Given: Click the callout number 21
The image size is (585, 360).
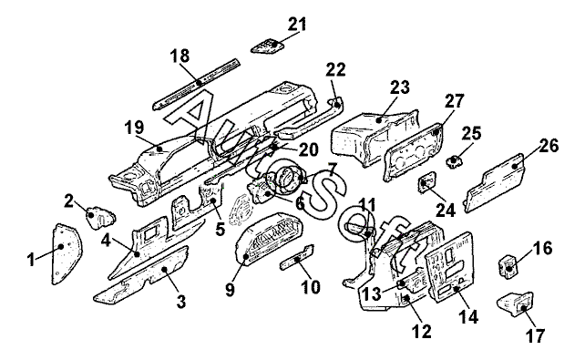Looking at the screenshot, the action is (x=297, y=25).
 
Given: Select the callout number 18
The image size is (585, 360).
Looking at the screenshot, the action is (x=180, y=57).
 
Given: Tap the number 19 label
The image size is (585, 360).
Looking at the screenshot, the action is (x=134, y=128).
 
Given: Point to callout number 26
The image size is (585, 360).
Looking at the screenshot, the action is (x=549, y=146).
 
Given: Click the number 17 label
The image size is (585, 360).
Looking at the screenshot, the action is (x=536, y=335).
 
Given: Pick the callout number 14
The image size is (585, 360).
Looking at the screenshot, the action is (x=468, y=317).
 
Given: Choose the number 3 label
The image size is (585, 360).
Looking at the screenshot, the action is (x=181, y=302).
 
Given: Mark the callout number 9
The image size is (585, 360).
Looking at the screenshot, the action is (x=231, y=290).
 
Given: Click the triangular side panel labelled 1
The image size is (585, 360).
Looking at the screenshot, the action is (x=66, y=253).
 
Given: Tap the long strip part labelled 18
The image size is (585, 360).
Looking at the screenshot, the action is (x=197, y=84).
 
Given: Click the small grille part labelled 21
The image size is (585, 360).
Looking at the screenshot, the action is (x=268, y=46).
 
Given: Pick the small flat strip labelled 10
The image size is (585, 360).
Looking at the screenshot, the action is (x=297, y=257).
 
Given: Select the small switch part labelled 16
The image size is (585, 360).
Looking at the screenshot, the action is (x=509, y=265).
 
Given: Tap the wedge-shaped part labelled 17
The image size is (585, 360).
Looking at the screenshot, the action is (x=516, y=304).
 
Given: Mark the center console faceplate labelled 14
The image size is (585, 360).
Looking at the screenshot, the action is (x=450, y=267).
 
